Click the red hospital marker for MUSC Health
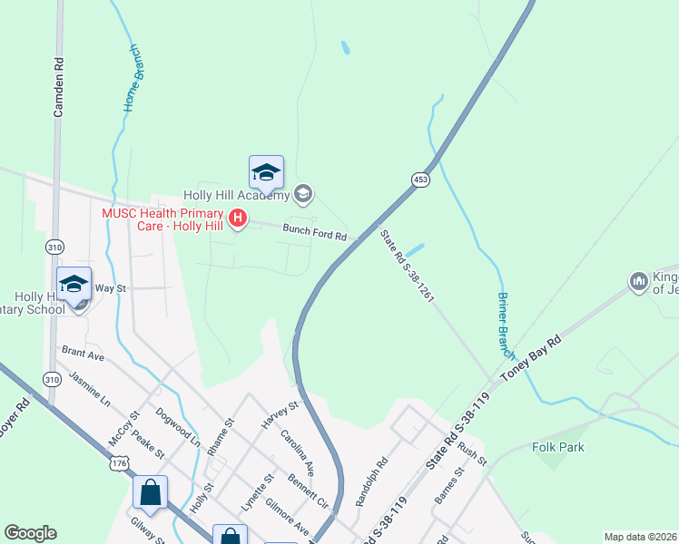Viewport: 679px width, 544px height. [238, 219]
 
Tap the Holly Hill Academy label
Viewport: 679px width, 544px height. [236, 194]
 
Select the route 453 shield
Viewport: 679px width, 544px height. [419, 180]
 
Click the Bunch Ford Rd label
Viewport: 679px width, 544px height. [314, 232]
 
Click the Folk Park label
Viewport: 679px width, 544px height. [558, 447]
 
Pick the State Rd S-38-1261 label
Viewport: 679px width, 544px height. [408, 265]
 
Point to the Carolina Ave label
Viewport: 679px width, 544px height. [297, 453]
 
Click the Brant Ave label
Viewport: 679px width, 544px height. [83, 354]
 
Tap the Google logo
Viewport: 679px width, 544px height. [30, 533]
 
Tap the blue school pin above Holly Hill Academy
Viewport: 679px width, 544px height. [266, 172]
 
